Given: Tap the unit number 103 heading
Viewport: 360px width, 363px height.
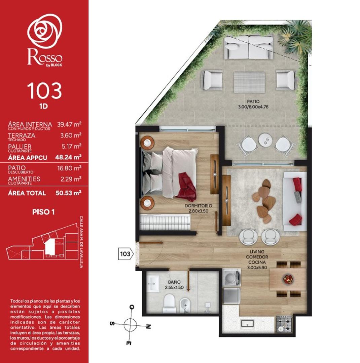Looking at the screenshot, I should tap(44, 90).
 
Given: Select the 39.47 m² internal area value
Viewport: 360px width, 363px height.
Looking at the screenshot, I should tap(69, 124).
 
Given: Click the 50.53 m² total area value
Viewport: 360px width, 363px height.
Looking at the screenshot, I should tap(69, 193).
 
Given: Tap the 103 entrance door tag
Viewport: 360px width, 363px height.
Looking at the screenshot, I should tap(125, 254).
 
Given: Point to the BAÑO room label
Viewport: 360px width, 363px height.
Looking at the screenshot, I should tap(175, 282).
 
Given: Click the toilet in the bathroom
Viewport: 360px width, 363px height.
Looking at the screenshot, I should tap(169, 301).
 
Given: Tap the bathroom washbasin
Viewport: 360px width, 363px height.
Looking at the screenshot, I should tap(155, 283).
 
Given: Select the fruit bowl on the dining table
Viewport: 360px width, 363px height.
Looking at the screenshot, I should tap(288, 279).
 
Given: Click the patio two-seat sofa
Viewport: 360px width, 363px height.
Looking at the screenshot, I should tap(249, 47).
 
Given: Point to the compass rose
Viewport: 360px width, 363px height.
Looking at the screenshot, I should tap(132, 325).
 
